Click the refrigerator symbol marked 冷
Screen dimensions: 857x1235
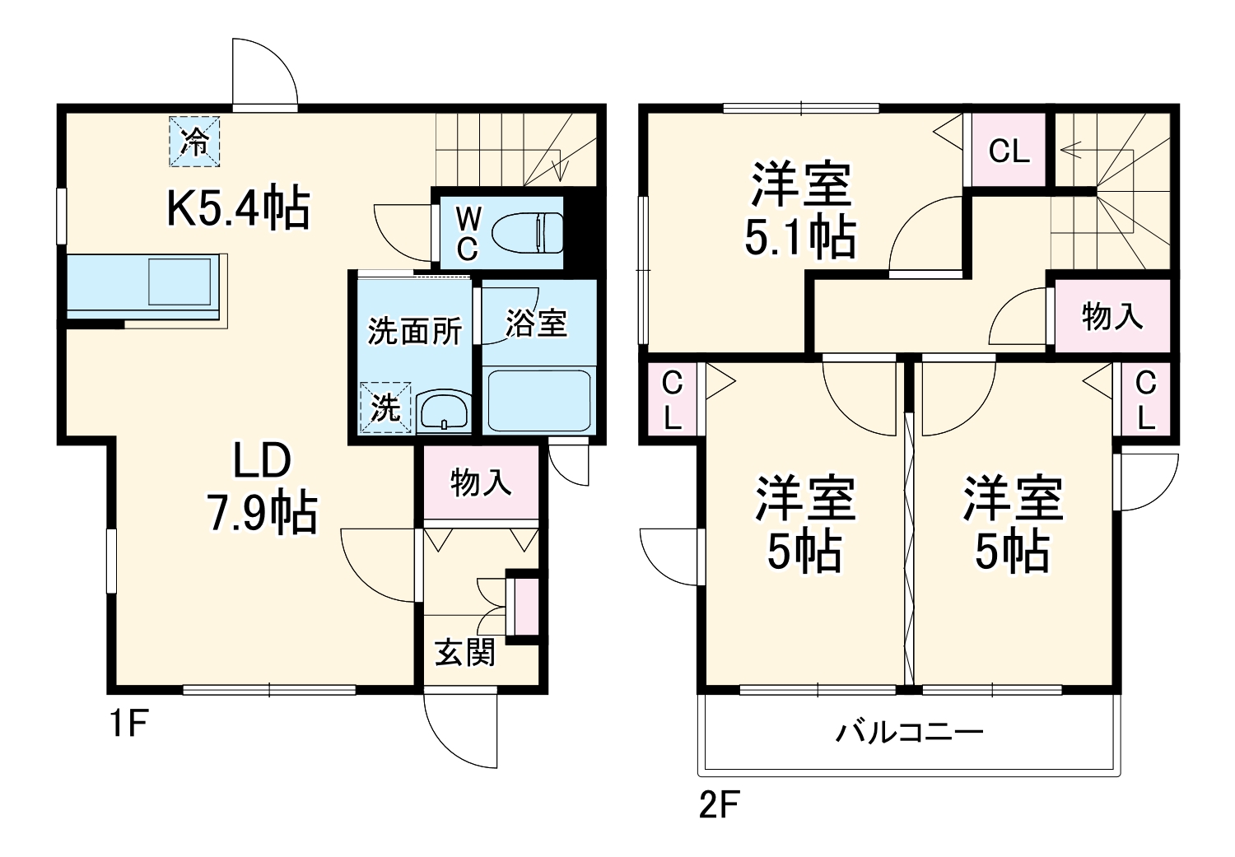(x=195, y=142)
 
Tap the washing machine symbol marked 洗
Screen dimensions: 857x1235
(x=385, y=407)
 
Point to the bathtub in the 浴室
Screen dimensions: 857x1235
(x=538, y=400)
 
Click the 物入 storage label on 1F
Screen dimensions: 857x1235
(x=481, y=482)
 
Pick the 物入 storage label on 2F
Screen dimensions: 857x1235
(x=1111, y=316)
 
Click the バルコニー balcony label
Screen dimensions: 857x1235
(x=910, y=732)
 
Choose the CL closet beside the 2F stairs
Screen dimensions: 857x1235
(x=1009, y=151)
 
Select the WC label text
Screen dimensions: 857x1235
(x=468, y=234)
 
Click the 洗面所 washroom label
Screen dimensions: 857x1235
(x=414, y=330)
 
